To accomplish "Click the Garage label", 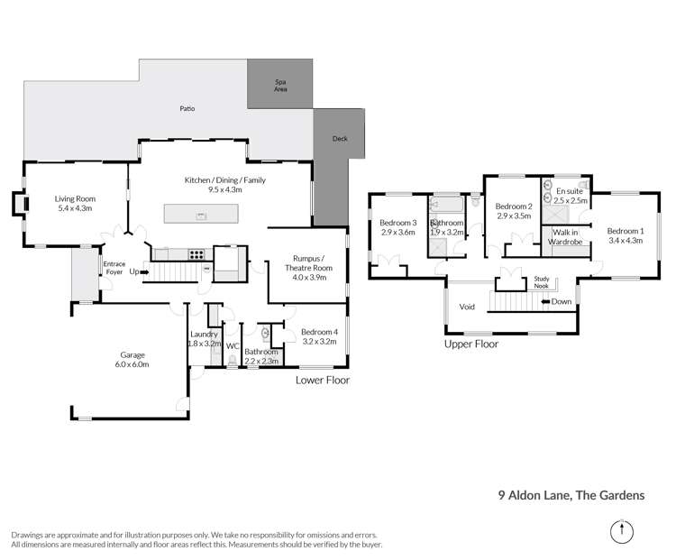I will click(x=131, y=354).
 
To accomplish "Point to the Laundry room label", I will click(x=204, y=334).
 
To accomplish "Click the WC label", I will click(x=232, y=346).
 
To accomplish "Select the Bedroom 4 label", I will click(x=320, y=331).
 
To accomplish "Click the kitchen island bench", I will click(x=201, y=215).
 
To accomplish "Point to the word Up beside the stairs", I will click(x=134, y=271).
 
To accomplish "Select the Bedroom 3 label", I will click(x=397, y=223).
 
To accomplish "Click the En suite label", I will click(x=568, y=191).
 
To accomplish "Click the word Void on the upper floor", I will click(x=467, y=307).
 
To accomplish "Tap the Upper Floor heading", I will click(x=470, y=344).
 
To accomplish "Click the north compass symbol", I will click(x=621, y=531).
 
